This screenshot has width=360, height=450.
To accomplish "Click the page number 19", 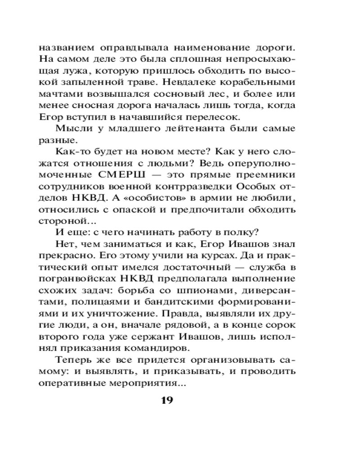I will [x=167, y=400].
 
